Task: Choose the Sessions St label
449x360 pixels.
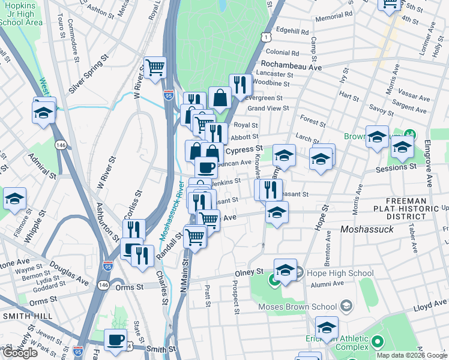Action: tap(396, 169)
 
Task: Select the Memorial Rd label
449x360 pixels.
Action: tap(329, 17)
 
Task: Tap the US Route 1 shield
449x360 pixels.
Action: tap(265, 37)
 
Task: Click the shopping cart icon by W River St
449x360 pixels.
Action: tap(155, 67)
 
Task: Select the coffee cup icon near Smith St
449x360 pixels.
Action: tap(115, 340)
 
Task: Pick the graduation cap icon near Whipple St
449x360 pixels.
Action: tap(14, 199)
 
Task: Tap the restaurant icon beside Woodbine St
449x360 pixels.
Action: tap(240, 85)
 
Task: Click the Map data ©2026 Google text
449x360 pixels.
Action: tap(412, 355)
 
